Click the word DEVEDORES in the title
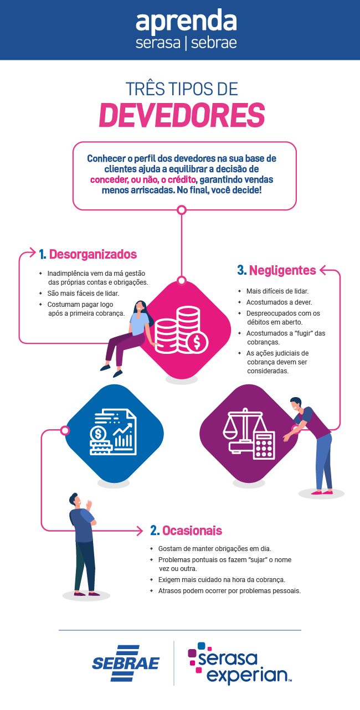click(181, 115)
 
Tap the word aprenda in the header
click(186, 22)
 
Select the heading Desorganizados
click(93, 255)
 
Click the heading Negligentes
click(282, 270)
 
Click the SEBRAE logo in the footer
click(126, 663)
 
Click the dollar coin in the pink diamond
click(197, 341)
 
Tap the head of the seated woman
click(140, 306)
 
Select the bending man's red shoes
click(321, 491)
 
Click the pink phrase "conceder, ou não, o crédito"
click(143, 180)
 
